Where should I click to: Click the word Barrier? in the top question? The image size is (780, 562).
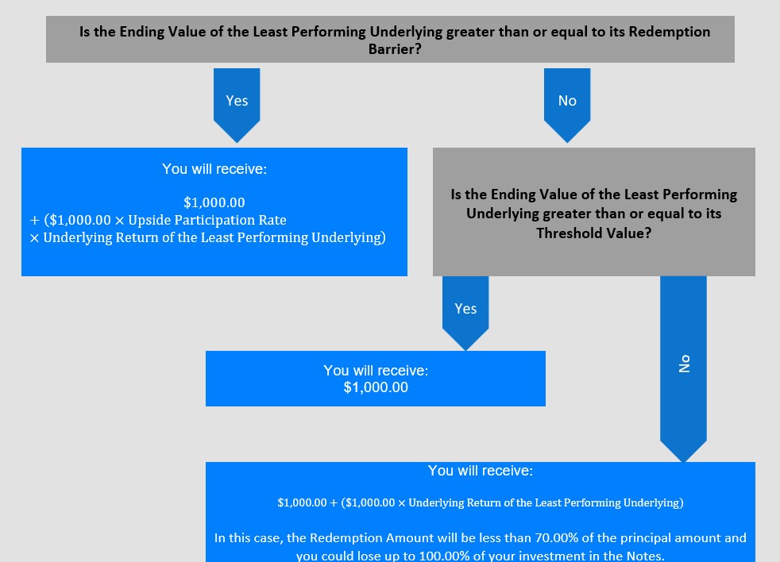pyautogui.click(x=395, y=48)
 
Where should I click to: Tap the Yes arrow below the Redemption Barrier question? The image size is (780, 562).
pyautogui.click(x=237, y=106)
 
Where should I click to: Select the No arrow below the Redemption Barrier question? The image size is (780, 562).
pyautogui.click(x=567, y=106)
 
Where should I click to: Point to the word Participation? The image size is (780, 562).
pyautogui.click(x=215, y=220)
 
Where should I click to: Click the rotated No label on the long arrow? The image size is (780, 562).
pyautogui.click(x=685, y=364)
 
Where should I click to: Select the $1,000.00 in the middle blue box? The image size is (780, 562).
pyautogui.click(x=376, y=387)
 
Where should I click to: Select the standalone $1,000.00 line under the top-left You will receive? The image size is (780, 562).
pyautogui.click(x=214, y=202)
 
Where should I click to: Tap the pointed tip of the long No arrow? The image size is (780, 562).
pyautogui.click(x=684, y=462)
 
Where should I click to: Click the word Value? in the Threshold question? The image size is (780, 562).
pyautogui.click(x=627, y=233)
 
